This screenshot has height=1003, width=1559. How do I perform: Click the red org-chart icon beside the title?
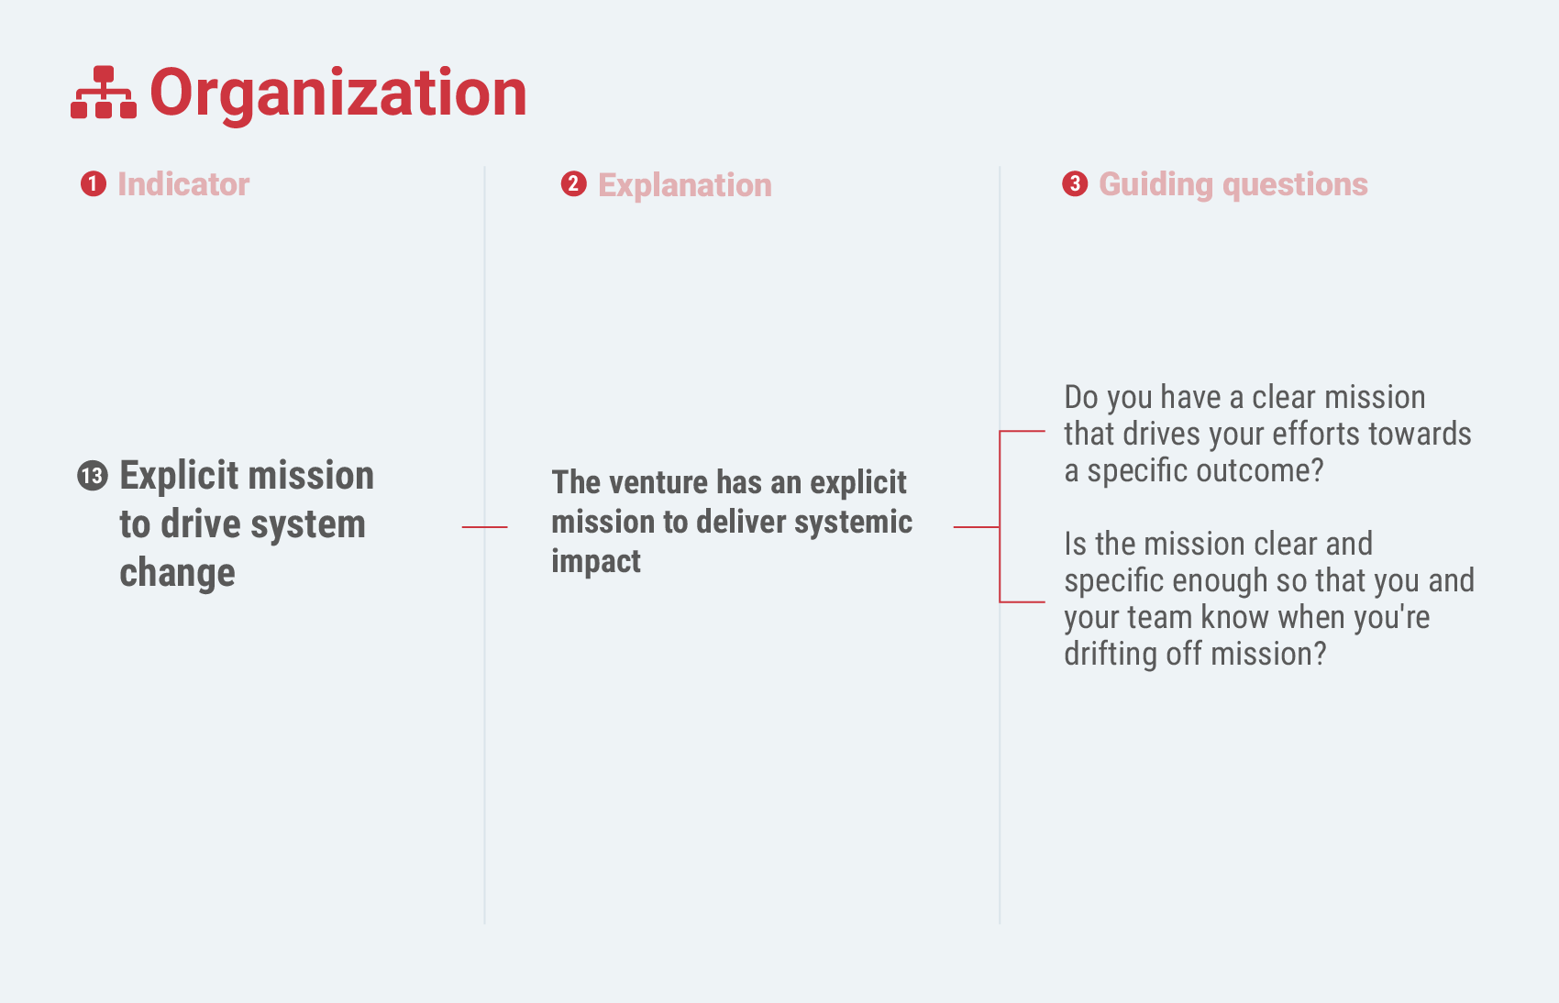pos(104,93)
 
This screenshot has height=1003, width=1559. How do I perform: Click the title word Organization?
pos(338,94)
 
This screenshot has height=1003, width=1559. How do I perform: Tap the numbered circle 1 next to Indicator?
pos(94,184)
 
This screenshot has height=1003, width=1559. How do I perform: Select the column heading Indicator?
pos(183,184)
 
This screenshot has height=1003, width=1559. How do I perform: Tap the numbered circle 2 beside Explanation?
pos(573,184)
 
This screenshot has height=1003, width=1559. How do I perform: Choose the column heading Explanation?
pos(685,186)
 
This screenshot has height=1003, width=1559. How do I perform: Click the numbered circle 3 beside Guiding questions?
pos(1075,184)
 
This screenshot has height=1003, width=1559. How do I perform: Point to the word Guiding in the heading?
pos(1156,186)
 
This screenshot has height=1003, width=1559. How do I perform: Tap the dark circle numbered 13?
pos(93,476)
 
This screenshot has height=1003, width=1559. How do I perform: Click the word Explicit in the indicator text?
pos(180,477)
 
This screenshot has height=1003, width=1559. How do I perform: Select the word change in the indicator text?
pos(177,574)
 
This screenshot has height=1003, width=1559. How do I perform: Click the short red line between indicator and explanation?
pos(484,527)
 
